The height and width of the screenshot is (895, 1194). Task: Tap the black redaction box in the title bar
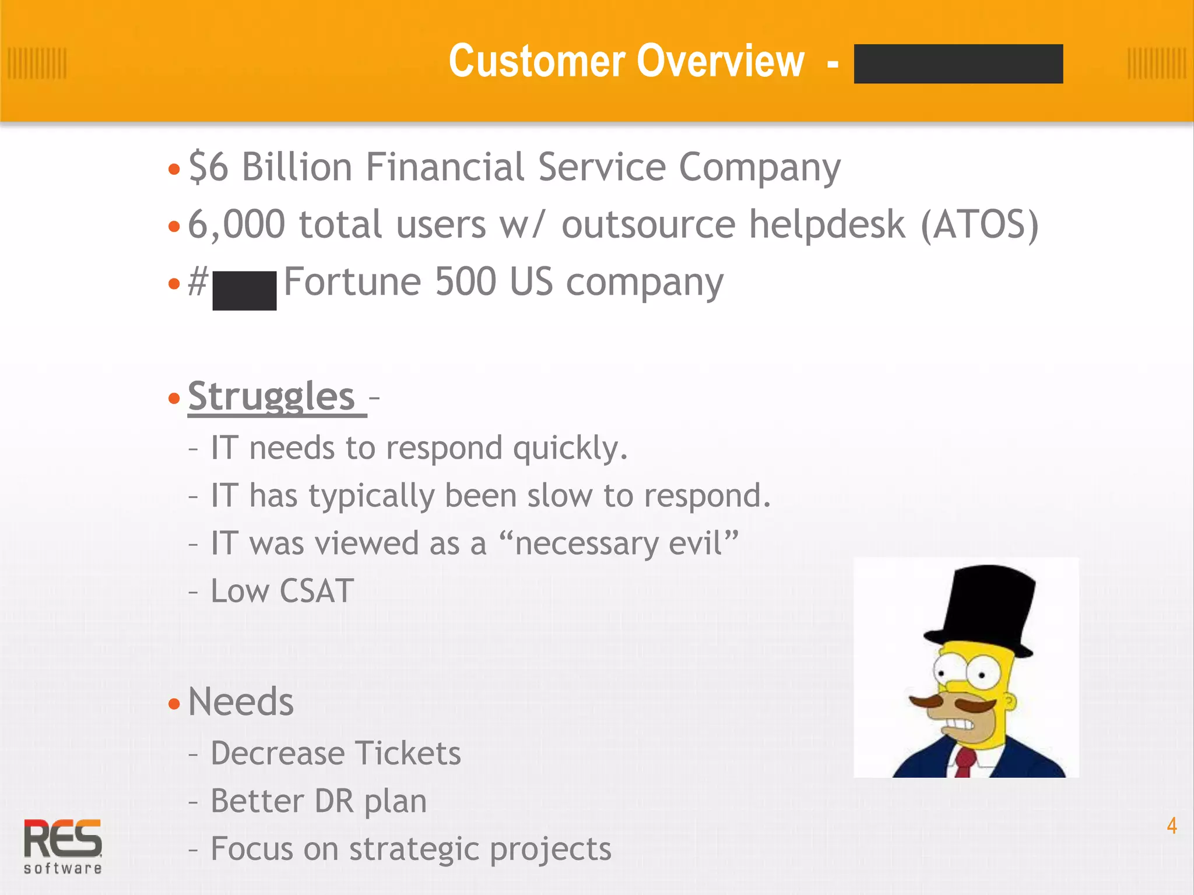click(x=958, y=64)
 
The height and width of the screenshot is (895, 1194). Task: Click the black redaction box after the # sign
click(x=244, y=290)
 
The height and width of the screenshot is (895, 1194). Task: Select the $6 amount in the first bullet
click(x=208, y=167)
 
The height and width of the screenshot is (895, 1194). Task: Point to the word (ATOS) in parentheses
click(x=979, y=225)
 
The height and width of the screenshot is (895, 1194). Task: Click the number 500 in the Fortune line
click(x=465, y=282)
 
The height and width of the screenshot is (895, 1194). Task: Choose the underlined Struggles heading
click(x=272, y=397)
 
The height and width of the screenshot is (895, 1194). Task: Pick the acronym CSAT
click(x=317, y=591)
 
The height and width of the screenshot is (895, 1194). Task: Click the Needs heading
click(x=241, y=702)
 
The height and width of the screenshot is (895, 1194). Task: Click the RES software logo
click(x=63, y=845)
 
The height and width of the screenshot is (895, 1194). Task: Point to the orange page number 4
click(x=1171, y=826)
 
